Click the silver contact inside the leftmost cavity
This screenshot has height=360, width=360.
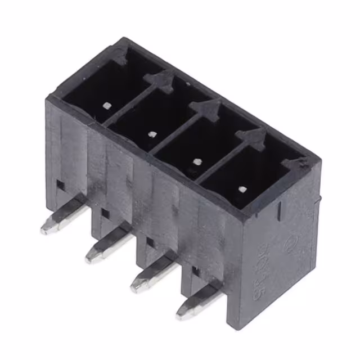click(x=106, y=105)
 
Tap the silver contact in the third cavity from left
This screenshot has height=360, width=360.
click(x=196, y=161)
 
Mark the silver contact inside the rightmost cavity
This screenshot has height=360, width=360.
click(x=242, y=189)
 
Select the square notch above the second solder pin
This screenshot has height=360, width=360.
click(x=105, y=213)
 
